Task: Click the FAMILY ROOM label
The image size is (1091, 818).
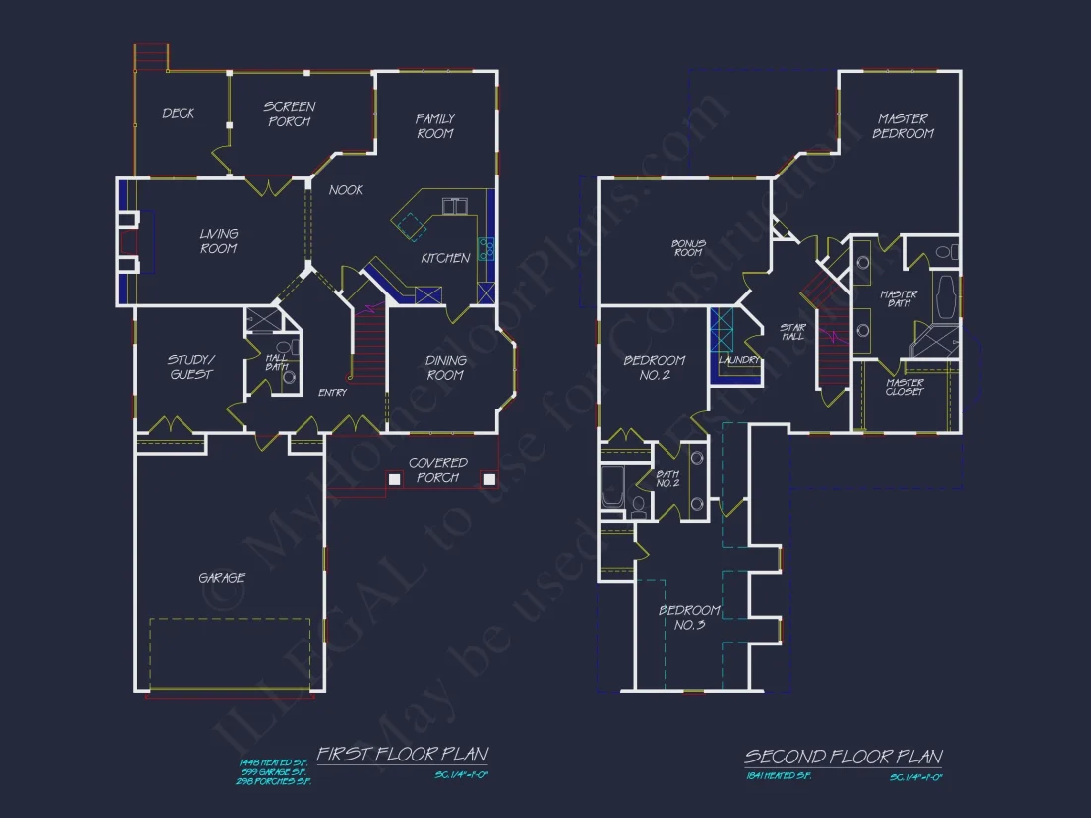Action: point(434,126)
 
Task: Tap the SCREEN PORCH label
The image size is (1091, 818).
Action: point(290,114)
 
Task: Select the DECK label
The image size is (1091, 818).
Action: point(179,114)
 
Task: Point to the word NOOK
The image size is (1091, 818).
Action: point(346,190)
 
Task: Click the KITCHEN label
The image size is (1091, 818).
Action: point(445,258)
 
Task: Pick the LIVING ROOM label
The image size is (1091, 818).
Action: point(219,241)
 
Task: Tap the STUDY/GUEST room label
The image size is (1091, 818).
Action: point(190,367)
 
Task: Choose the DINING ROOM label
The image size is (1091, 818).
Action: point(445,368)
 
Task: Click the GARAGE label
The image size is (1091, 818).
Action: point(222,578)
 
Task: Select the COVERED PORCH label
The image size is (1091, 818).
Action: point(437,470)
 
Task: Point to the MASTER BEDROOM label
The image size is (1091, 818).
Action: point(903,126)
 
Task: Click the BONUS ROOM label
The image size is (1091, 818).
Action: point(688,247)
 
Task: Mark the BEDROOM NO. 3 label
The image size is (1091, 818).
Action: point(689,617)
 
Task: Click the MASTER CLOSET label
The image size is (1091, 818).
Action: point(905,387)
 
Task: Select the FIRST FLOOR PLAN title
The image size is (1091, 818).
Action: point(402,755)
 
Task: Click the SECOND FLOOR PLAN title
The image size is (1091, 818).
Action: point(843,758)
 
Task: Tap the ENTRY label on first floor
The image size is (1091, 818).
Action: point(332,393)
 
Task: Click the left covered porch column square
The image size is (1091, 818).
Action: point(394,479)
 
